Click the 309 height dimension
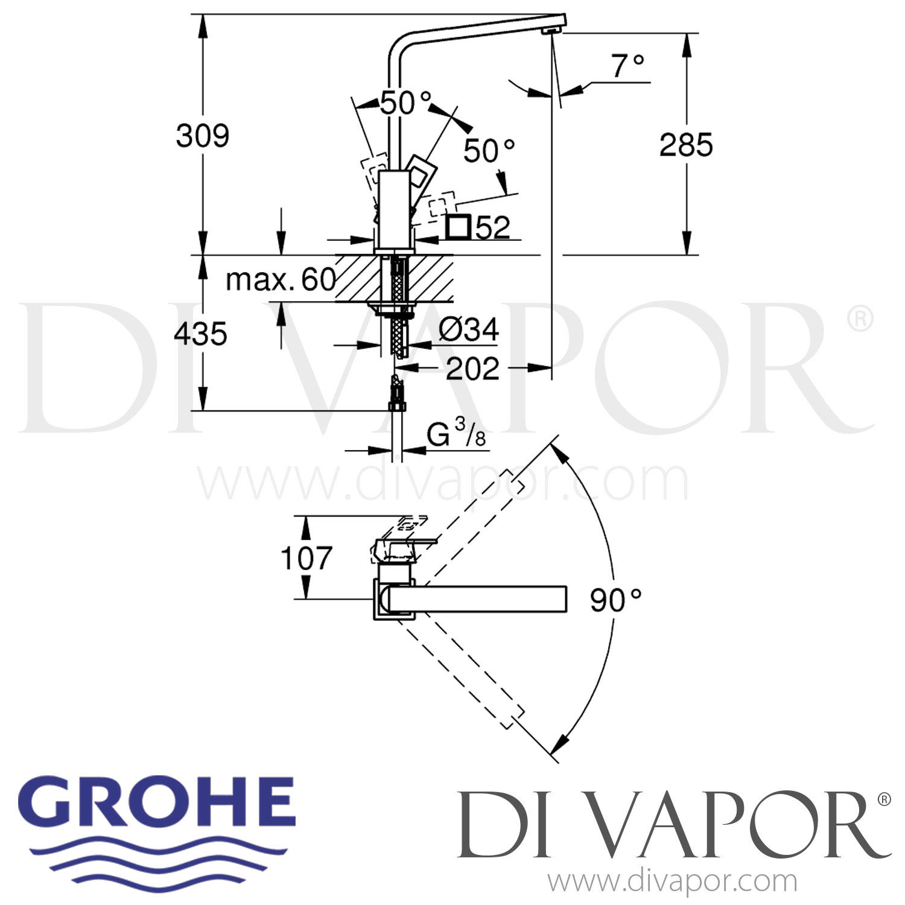click(203, 136)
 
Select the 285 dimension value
click(686, 145)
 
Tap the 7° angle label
click(628, 66)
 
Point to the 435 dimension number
click(200, 334)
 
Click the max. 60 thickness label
click(281, 280)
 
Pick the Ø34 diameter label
click(469, 330)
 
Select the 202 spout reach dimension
click(472, 369)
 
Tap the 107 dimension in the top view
click(306, 558)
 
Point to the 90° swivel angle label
click(615, 600)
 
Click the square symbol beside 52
click(459, 227)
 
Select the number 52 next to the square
click(493, 227)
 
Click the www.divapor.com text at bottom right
click(672, 882)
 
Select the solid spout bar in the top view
click(477, 599)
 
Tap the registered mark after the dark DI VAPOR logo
click(884, 799)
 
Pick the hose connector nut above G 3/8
click(396, 405)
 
